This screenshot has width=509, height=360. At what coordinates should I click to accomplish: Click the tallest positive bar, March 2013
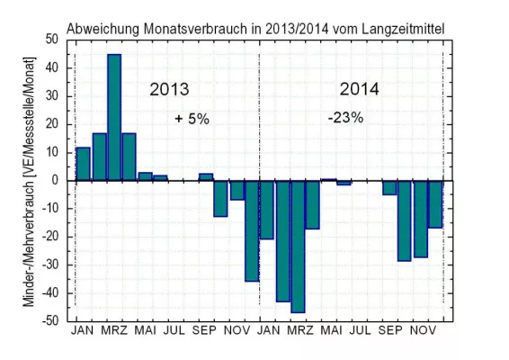point(114,117)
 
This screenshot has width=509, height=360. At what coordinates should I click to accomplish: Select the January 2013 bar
point(84,163)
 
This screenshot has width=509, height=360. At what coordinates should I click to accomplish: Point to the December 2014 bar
point(435,203)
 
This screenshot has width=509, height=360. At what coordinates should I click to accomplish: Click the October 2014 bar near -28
point(405,220)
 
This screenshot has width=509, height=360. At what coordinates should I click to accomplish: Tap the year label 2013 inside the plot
point(170,90)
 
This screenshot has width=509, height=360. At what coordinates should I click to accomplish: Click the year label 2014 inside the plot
point(360,90)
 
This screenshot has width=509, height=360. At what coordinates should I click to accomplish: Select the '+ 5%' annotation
point(192,119)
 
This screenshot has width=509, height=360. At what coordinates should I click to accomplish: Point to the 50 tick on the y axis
point(49,40)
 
